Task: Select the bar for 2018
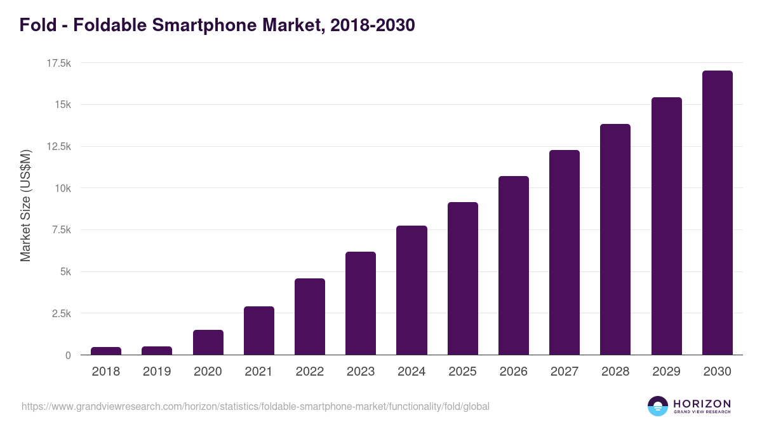pyautogui.click(x=106, y=351)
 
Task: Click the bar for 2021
pyautogui.click(x=259, y=330)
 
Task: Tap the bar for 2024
pyautogui.click(x=411, y=290)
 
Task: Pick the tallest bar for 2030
pyautogui.click(x=717, y=213)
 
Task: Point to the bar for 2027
pyautogui.click(x=565, y=252)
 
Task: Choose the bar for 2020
pyautogui.click(x=208, y=342)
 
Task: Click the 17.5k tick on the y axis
pyautogui.click(x=58, y=63)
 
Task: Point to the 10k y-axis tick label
pyautogui.click(x=62, y=188)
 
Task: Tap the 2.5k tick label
pyautogui.click(x=60, y=313)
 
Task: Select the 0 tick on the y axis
pyautogui.click(x=67, y=355)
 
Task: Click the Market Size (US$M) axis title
pyautogui.click(x=25, y=205)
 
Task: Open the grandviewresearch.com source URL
pyautogui.click(x=255, y=406)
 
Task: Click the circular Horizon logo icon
pyautogui.click(x=658, y=406)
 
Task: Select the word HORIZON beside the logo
pyautogui.click(x=702, y=403)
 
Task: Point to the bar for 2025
pyautogui.click(x=462, y=278)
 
